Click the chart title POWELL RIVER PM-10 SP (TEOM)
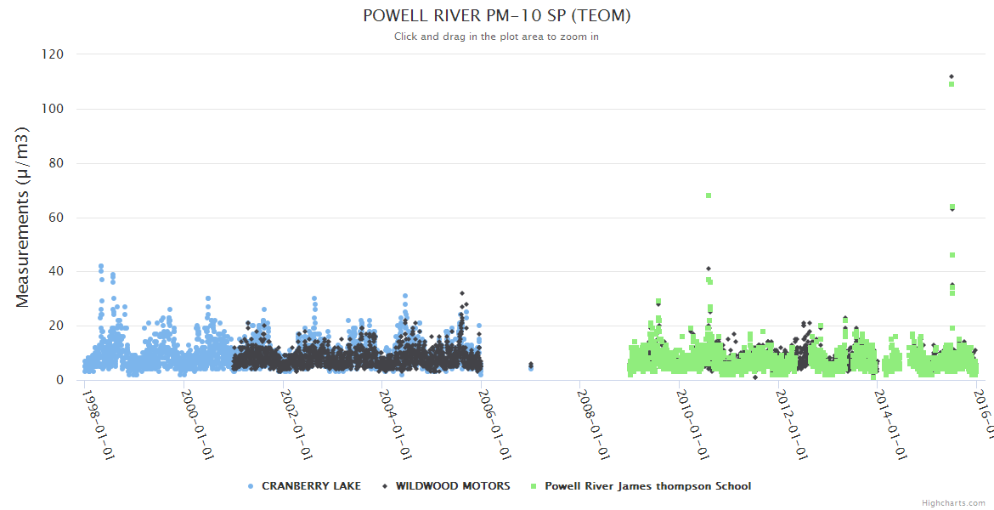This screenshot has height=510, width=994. pyautogui.click(x=496, y=16)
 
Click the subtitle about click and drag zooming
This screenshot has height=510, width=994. pyautogui.click(x=496, y=37)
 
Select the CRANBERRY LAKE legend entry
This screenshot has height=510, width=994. pyautogui.click(x=311, y=486)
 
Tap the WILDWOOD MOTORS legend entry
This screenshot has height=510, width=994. pyautogui.click(x=453, y=486)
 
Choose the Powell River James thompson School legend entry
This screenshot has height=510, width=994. pyautogui.click(x=647, y=486)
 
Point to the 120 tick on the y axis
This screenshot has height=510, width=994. pyautogui.click(x=53, y=54)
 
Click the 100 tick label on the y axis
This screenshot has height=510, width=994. pyautogui.click(x=53, y=109)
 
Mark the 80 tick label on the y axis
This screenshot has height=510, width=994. pyautogui.click(x=56, y=163)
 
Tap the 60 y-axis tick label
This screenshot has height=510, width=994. pyautogui.click(x=56, y=218)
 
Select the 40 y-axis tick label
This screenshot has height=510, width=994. pyautogui.click(x=56, y=272)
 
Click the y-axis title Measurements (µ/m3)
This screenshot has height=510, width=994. pyautogui.click(x=23, y=217)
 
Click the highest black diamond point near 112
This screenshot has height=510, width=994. pyautogui.click(x=952, y=76)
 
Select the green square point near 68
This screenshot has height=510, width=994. pyautogui.click(x=709, y=195)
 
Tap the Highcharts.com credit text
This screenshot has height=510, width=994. pyautogui.click(x=953, y=503)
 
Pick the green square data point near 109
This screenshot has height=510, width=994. pyautogui.click(x=952, y=84)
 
